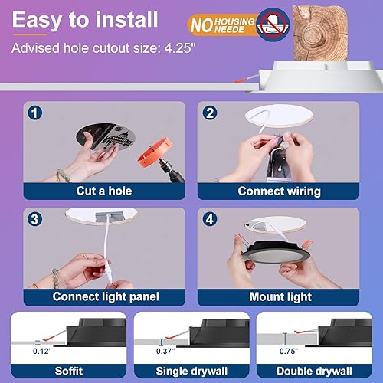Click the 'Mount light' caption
click(281, 296)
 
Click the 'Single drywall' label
click(191, 370)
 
